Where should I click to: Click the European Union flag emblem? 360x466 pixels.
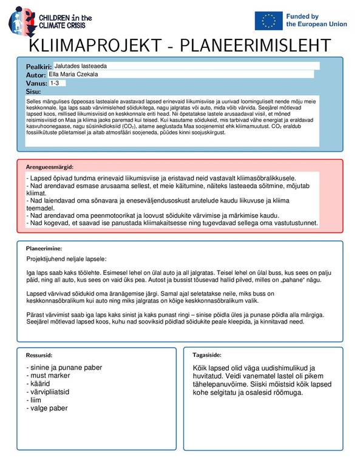click(x=268, y=21)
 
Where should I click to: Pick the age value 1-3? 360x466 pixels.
click(x=55, y=83)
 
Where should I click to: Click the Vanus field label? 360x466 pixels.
click(x=36, y=83)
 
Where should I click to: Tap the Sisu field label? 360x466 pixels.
click(x=32, y=91)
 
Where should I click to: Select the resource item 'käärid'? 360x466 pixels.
click(x=40, y=384)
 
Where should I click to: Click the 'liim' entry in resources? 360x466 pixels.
click(x=36, y=400)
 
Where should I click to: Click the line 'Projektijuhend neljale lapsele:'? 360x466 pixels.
click(x=67, y=258)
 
